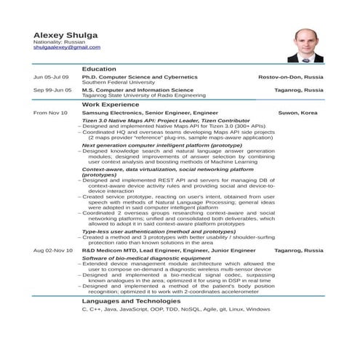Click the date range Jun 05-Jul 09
click(x=52, y=77)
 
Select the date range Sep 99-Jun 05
click(x=52, y=90)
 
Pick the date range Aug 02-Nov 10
click(x=53, y=250)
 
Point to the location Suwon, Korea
click(x=297, y=113)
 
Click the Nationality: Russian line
click(x=60, y=41)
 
